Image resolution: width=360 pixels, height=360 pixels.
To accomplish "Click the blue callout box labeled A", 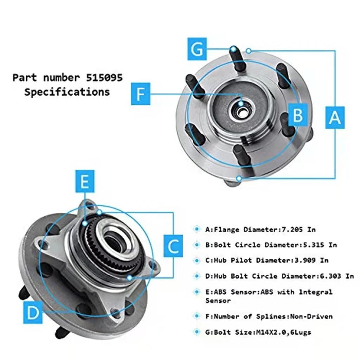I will click(x=334, y=117).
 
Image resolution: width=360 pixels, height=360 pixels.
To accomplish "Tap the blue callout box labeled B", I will click(x=297, y=115).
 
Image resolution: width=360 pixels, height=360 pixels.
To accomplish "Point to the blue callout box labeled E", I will click(x=84, y=181).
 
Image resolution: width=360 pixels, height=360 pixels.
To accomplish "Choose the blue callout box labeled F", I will click(x=141, y=94).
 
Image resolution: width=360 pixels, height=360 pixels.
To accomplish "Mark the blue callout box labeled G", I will click(x=197, y=49).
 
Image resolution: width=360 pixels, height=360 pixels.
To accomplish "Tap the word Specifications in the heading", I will click(x=67, y=92).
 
